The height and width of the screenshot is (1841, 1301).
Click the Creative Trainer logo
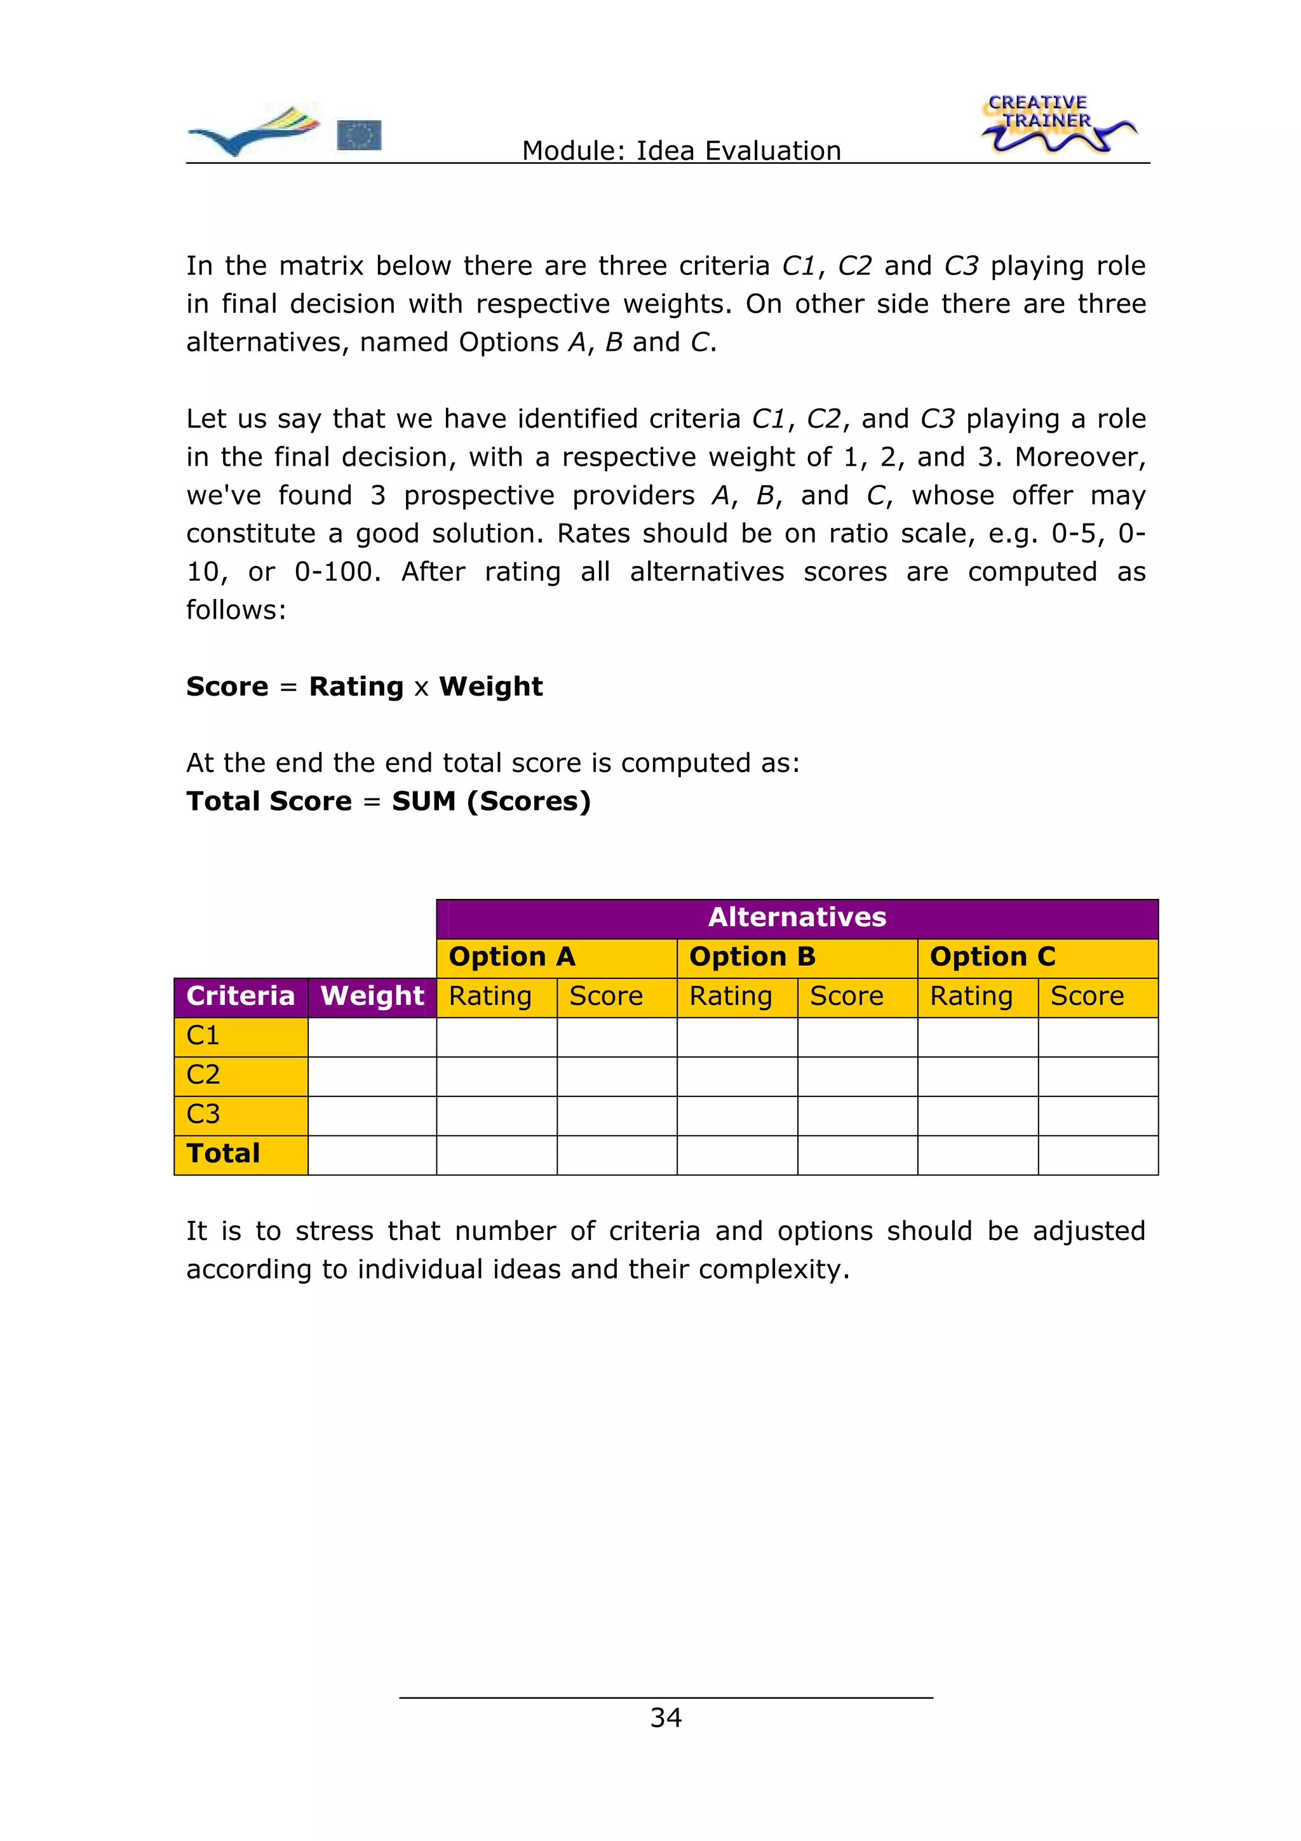coord(1056,125)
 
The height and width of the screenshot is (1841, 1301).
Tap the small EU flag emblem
coord(358,135)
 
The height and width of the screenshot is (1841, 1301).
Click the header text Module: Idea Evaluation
coord(682,151)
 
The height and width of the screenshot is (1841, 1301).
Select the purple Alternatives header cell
coord(797,918)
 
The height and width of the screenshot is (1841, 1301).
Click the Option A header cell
coord(556,957)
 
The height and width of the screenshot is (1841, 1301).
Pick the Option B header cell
coord(797,957)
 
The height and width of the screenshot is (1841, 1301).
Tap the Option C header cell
coord(1037,957)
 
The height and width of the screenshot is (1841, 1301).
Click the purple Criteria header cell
coord(241,997)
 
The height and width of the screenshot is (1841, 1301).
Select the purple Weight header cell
coord(372,997)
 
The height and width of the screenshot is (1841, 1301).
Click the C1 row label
coord(241,1036)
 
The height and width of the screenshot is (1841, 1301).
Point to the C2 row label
coord(241,1076)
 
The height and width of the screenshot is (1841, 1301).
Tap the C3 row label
coord(241,1114)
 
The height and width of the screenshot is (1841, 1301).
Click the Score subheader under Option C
coord(1097,997)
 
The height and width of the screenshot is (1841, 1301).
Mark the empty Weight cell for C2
coord(372,1076)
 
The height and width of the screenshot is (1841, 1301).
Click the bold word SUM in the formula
coord(423,801)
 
